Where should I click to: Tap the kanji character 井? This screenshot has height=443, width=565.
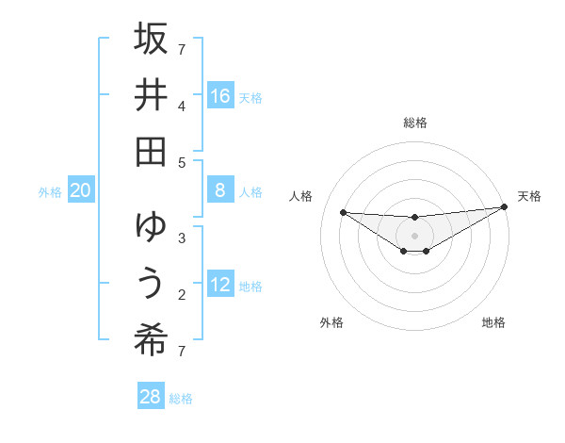point(151,94)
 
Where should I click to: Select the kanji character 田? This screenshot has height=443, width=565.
point(151,151)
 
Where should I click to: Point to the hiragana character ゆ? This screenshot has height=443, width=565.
point(151,227)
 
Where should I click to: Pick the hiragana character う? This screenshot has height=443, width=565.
point(151,284)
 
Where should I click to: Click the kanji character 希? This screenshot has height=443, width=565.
point(151,340)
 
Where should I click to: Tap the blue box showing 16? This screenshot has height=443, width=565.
point(220,95)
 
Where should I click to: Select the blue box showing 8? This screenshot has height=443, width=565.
point(220,190)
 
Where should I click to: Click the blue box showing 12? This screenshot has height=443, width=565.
point(220,285)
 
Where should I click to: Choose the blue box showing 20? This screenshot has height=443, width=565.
point(81,190)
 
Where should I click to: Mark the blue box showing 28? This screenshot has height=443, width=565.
point(151,397)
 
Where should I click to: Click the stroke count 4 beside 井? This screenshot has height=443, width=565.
point(182,105)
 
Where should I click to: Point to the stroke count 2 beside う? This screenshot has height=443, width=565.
point(182,294)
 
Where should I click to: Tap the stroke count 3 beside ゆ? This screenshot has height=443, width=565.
point(182,238)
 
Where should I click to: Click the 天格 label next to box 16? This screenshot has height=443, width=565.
point(250,97)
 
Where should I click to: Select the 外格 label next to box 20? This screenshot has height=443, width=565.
point(50,192)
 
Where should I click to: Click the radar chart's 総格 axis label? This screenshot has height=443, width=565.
point(414,123)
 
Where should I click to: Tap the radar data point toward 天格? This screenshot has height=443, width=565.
point(504,208)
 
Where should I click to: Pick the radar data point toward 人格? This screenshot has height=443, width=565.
point(343,212)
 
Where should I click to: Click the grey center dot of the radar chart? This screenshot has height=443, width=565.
point(414,235)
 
